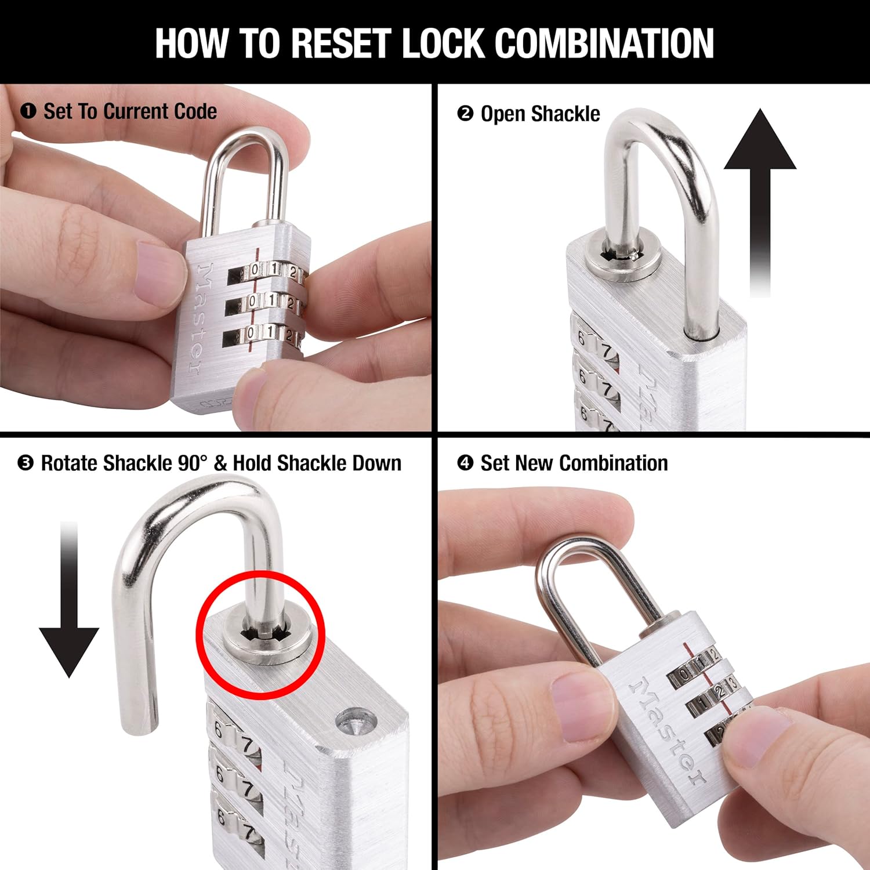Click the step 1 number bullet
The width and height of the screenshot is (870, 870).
point(28,111)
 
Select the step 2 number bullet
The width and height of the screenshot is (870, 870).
point(465,113)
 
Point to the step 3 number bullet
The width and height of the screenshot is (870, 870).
point(26,463)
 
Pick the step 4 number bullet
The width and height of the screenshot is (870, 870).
point(465,463)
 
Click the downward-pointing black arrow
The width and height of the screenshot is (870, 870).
point(69,603)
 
